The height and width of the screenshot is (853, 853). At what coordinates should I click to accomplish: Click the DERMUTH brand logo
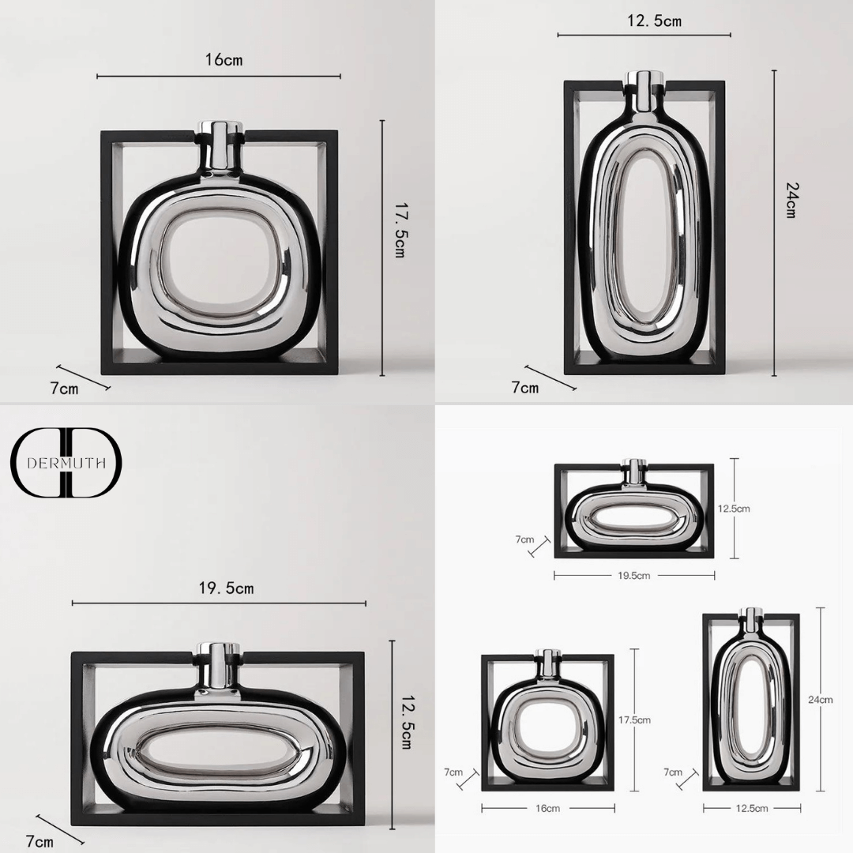(x=66, y=463)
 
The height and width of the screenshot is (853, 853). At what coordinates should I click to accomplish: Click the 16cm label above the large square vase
(x=224, y=59)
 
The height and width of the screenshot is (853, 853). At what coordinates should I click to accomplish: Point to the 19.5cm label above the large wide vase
(x=226, y=588)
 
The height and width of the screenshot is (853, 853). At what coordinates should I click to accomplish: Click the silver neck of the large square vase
(x=220, y=145)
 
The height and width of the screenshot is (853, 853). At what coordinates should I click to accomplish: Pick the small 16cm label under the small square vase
(x=547, y=809)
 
